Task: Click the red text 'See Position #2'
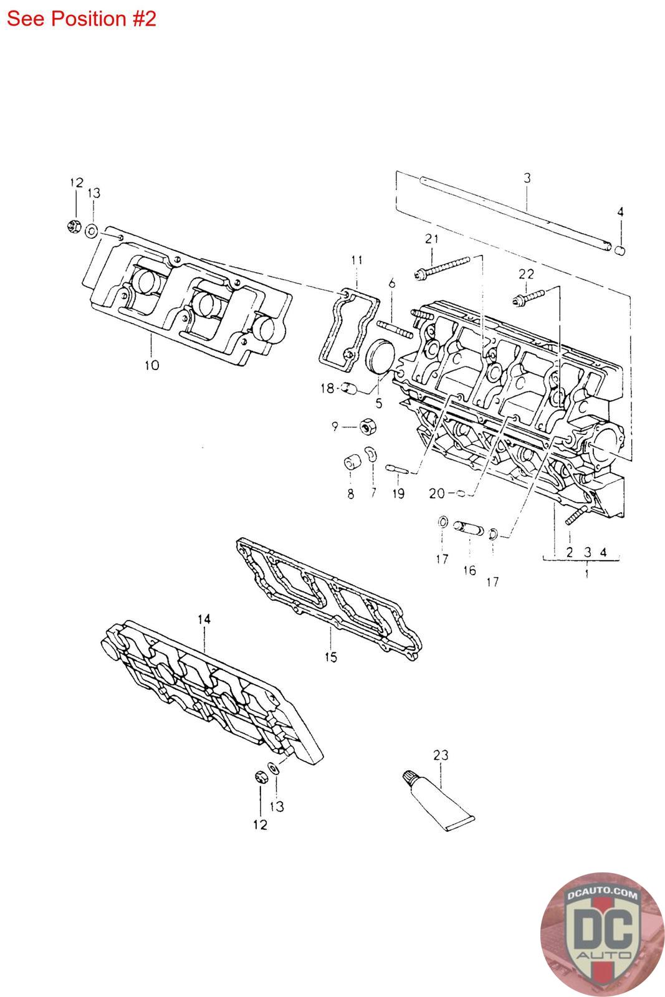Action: point(81,19)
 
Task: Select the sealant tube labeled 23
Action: point(436,801)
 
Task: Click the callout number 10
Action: point(151,365)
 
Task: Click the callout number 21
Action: point(432,239)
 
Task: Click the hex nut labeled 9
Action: point(367,427)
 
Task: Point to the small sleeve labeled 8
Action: point(352,464)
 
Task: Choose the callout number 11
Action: point(356,260)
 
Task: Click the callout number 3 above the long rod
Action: point(527,178)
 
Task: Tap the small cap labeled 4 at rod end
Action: point(620,250)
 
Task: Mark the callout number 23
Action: point(441,755)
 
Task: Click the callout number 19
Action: point(398,494)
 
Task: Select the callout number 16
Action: point(469,570)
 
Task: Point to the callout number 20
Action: point(437,494)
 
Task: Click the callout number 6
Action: point(391,284)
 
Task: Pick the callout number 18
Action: point(327,388)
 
